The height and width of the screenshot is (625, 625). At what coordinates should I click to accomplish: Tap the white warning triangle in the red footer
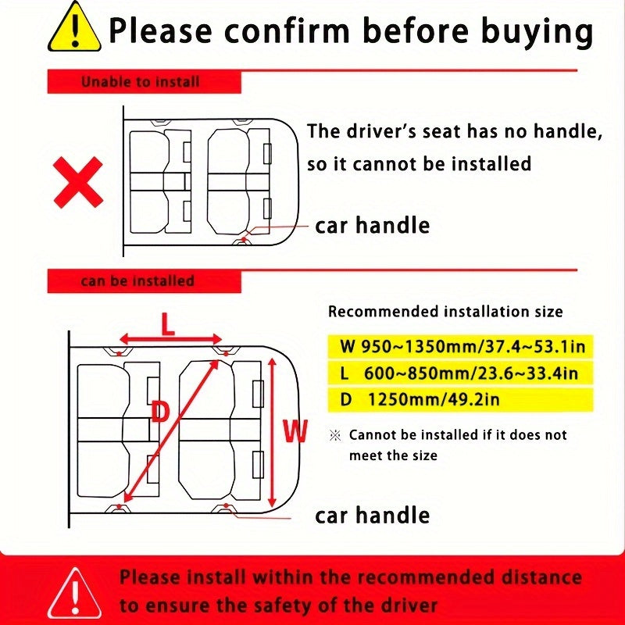(x=73, y=591)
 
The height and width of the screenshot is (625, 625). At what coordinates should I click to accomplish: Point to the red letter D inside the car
(x=160, y=411)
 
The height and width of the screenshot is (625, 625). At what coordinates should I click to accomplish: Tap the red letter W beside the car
(x=295, y=431)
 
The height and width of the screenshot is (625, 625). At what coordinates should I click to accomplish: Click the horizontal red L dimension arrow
(x=170, y=341)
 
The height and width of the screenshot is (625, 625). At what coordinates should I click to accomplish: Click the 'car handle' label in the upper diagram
(x=372, y=226)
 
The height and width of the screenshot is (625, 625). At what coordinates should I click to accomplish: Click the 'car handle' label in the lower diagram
(x=372, y=516)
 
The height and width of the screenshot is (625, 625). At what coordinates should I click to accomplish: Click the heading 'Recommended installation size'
(x=445, y=312)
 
